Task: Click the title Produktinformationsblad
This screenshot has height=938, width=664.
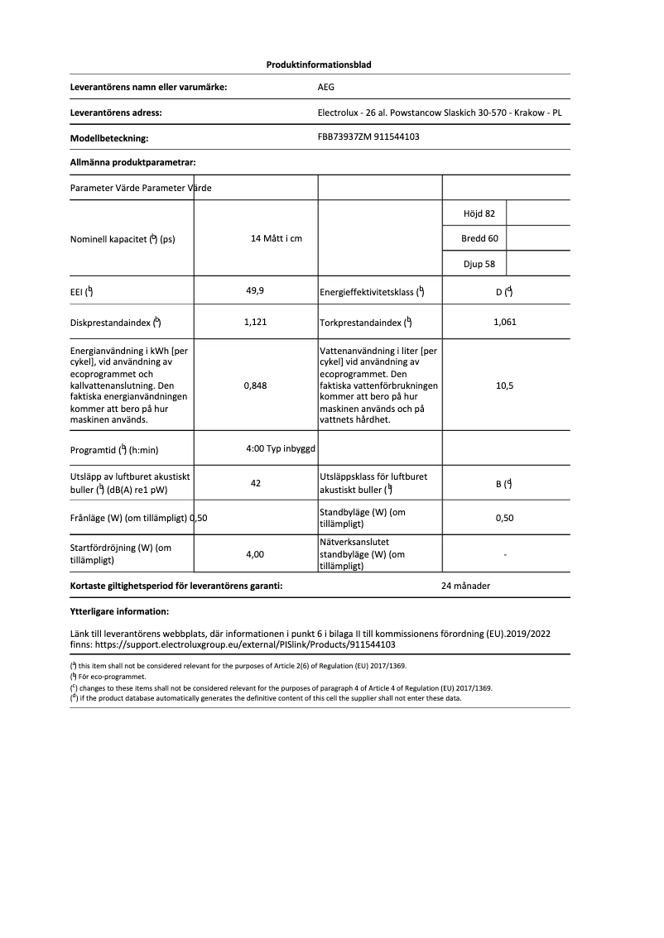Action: tap(319, 65)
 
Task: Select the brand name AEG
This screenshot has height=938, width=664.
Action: tap(326, 87)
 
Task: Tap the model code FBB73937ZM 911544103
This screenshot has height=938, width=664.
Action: tap(368, 137)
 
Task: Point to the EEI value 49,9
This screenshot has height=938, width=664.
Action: tap(255, 291)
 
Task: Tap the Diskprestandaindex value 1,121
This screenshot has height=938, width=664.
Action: tap(255, 323)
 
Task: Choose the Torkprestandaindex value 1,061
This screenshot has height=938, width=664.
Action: tap(504, 323)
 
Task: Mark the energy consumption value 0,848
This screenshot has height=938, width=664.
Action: tap(255, 385)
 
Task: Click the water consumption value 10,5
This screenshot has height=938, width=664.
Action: tap(504, 385)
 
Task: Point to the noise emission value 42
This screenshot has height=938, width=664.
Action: tap(255, 483)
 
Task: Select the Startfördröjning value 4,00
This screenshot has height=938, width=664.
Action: tap(255, 554)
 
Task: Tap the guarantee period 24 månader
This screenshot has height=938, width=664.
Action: tap(466, 586)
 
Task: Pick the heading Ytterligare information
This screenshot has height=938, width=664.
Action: tap(119, 612)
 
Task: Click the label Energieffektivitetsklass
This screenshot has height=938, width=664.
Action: tap(371, 292)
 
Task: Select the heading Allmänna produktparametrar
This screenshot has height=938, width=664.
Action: tap(132, 163)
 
